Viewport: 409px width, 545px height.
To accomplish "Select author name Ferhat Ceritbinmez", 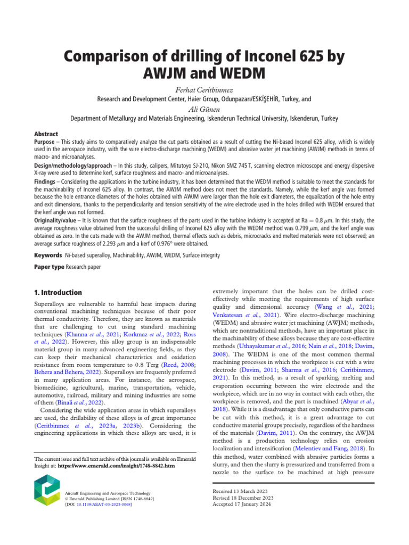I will pos(204,89).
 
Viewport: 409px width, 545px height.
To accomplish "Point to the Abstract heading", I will pos(46,134).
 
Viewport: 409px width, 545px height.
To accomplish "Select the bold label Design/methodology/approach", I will pos(66,167).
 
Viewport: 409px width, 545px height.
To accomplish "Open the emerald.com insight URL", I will pos(117,466).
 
